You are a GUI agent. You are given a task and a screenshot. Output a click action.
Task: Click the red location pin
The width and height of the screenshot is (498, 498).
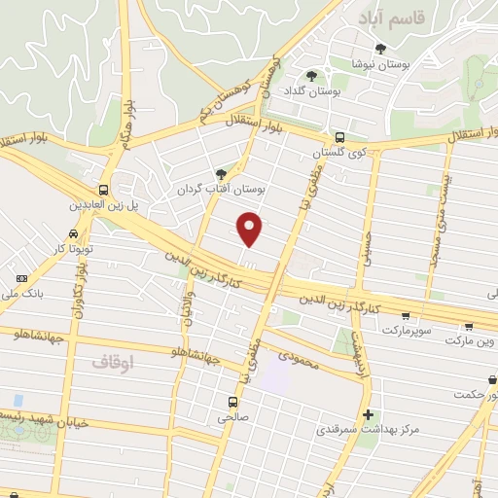[251, 230]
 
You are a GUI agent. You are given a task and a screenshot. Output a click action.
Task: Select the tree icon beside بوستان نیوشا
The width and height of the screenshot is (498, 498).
[380, 49]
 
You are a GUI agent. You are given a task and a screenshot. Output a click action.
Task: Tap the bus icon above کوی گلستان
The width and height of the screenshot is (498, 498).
[339, 138]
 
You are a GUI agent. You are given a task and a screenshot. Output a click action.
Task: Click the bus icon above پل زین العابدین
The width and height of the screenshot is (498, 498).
[104, 190]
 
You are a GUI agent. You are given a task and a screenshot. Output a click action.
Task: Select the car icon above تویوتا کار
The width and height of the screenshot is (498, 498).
[73, 234]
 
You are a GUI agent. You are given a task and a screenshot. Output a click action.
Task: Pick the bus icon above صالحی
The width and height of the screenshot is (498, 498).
[232, 401]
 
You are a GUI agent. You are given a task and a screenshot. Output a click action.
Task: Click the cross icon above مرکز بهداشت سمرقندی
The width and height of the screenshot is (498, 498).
[368, 413]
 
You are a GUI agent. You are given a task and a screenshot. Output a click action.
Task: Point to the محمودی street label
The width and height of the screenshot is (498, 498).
[299, 358]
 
